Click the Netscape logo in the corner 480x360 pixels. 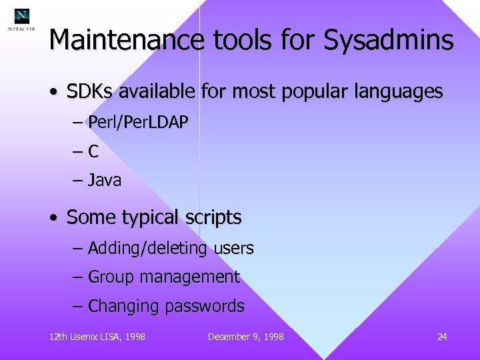22,19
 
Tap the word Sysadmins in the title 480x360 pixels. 389,41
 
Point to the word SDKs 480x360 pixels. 89,91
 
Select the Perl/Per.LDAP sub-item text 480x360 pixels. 138,122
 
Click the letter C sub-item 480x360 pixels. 93,151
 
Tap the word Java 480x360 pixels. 105,180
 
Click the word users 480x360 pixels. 233,249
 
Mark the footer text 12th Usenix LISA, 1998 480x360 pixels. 97,337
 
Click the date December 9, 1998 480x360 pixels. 245,337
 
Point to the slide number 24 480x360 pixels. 442,337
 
